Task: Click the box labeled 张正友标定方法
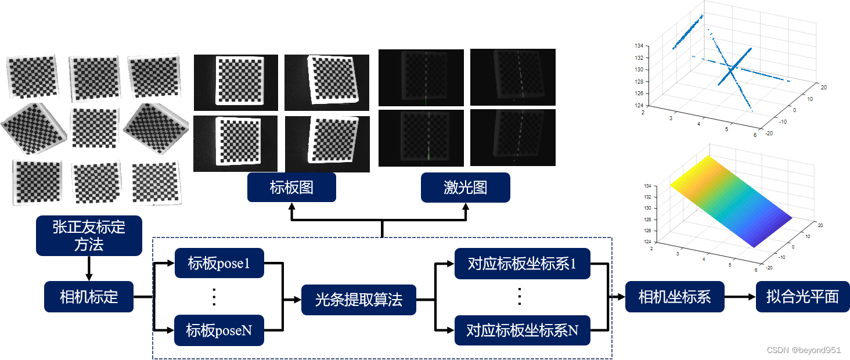point(89,235)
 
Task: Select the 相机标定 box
point(89,297)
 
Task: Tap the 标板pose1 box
point(219,263)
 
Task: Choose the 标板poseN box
point(219,330)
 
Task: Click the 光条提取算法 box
point(358,300)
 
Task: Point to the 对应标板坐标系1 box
point(522,263)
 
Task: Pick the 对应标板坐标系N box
point(522,330)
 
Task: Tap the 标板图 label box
point(291,188)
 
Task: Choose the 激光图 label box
point(465,188)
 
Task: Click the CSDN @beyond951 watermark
point(804,350)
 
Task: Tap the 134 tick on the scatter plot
point(639,45)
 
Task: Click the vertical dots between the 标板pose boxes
point(214,297)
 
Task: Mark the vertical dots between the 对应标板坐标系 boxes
point(520,297)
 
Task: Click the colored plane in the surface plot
point(732,200)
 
